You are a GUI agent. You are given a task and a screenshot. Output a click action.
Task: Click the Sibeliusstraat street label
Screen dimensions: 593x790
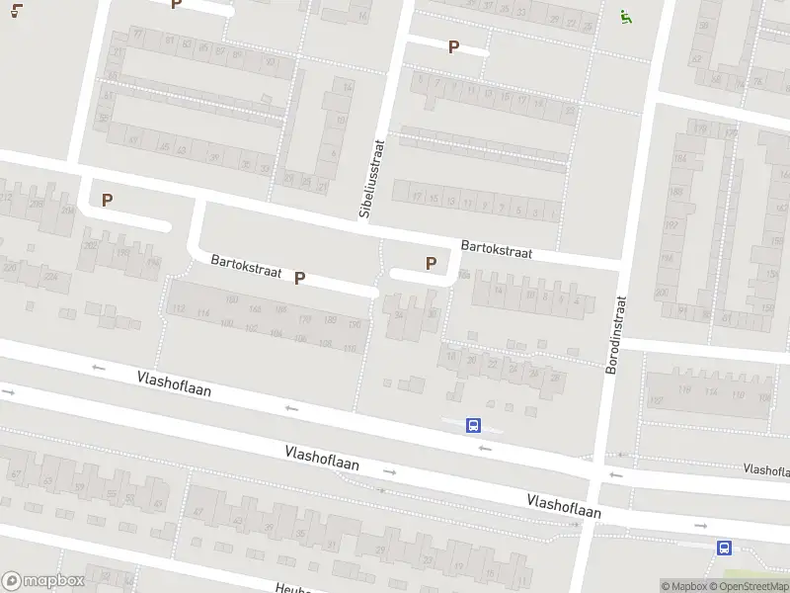370,179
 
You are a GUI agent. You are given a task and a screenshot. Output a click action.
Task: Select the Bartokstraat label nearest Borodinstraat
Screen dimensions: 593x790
497,248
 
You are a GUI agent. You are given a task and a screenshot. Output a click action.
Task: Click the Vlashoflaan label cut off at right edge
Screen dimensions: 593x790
765,468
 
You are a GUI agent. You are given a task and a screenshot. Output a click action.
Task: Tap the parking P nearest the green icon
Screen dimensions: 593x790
454,46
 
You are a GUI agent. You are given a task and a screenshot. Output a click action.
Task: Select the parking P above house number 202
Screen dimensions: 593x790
107,200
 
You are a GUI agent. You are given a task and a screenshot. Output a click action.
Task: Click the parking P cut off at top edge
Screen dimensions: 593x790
176,4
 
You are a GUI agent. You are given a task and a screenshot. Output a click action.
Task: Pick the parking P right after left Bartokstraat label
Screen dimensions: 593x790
299,279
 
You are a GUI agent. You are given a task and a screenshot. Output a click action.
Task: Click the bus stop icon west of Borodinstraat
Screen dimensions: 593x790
474,426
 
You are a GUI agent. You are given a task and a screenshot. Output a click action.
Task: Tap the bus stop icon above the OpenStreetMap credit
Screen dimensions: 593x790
724,548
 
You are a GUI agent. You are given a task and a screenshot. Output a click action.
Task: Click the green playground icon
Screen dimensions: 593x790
625,16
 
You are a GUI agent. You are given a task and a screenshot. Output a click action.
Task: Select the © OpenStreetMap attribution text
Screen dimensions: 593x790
749,586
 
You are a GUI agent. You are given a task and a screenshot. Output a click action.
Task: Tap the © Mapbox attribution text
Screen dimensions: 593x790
684,586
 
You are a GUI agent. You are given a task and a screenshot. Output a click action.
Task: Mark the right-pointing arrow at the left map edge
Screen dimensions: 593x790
8,392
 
